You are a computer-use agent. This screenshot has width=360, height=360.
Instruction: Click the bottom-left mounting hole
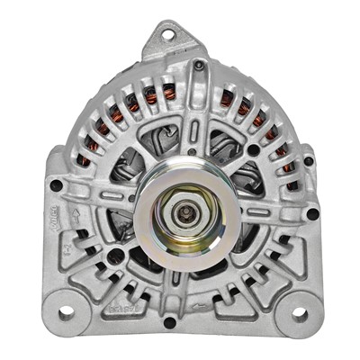[x=66, y=313]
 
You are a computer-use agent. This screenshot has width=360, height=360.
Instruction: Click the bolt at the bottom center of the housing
[x=170, y=321]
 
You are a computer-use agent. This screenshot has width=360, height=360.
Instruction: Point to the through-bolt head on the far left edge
[x=56, y=186]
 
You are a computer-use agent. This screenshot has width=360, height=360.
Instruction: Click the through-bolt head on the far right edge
[x=312, y=213]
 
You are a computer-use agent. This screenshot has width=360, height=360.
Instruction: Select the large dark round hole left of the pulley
[x=114, y=256]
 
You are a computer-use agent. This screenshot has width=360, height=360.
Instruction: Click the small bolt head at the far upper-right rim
[x=309, y=161]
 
